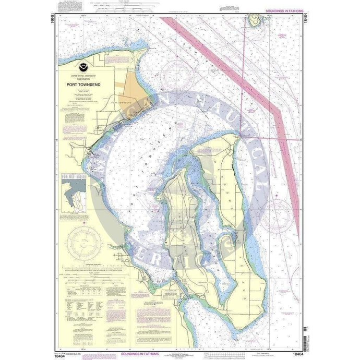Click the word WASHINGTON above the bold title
84,78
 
